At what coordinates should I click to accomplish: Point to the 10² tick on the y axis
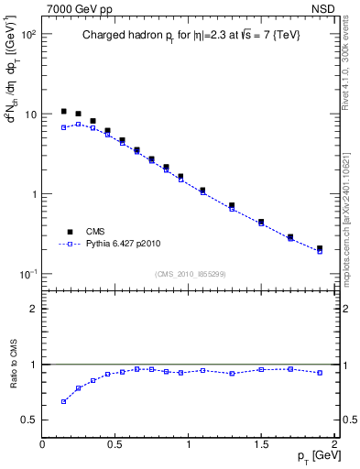(x=27, y=34)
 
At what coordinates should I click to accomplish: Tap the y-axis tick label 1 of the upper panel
(x=33, y=194)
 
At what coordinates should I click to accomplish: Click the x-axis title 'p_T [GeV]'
(x=316, y=457)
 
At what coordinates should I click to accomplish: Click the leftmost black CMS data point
(x=63, y=111)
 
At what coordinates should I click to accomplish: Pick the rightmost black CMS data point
(x=320, y=248)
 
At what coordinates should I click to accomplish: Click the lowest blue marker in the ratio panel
(x=63, y=401)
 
